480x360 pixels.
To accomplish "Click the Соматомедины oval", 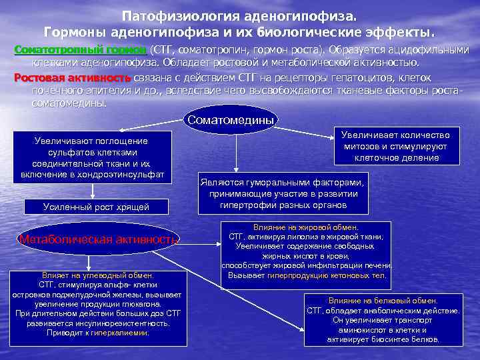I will [x=231, y=121].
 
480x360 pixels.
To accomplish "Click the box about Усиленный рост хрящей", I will [x=96, y=207].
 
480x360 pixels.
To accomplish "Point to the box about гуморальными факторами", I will [x=282, y=193].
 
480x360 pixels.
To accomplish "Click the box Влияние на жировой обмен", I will [x=306, y=251].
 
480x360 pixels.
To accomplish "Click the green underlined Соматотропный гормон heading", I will [x=81, y=50].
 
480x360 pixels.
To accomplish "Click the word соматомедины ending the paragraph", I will [x=69, y=103].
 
